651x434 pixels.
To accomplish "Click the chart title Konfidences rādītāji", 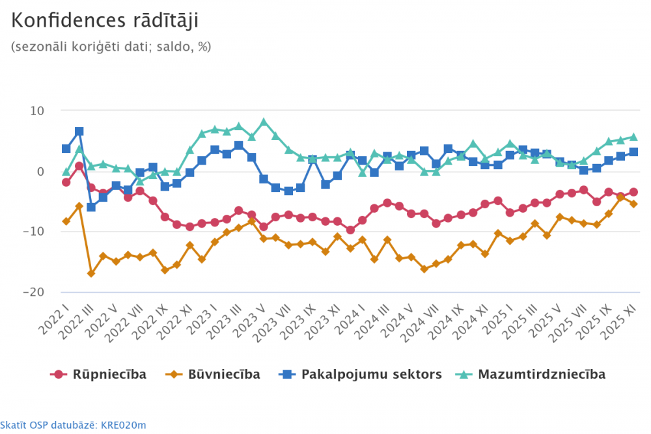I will coord(105,21).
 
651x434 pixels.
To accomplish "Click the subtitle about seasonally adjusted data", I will coord(111,47).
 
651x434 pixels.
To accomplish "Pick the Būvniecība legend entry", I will coord(215,374).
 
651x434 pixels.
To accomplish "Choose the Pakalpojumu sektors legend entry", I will coord(361,374).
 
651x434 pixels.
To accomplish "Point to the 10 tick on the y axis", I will coord(36,111).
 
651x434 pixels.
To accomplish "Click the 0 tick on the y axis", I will coord(40,172).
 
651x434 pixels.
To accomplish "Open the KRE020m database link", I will coord(73,426).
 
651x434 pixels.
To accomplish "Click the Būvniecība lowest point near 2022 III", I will coord(91,273).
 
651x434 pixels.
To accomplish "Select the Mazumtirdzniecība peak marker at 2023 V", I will coord(264,122).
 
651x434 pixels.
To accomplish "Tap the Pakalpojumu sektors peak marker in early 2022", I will coord(79,131).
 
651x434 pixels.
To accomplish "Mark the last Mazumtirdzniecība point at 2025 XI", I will coord(633,137).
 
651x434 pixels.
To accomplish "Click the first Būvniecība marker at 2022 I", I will coord(66,221).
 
